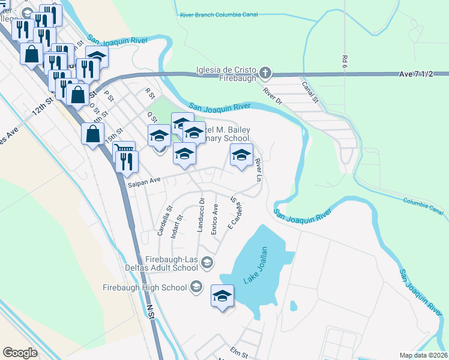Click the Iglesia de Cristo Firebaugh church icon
[265, 74]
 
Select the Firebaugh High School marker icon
[196, 287]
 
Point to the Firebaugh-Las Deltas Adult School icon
[207, 262]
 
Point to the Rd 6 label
[345, 61]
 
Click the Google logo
[20, 352]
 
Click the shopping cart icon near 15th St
[124, 149]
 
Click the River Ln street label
[259, 170]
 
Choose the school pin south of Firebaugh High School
[222, 296]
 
